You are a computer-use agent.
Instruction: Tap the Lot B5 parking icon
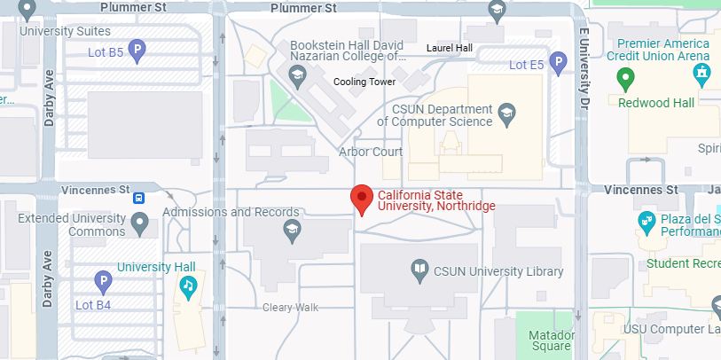pyautogui.click(x=137, y=51)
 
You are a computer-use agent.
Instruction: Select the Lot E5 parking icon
pyautogui.click(x=558, y=63)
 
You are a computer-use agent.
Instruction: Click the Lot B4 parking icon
pyautogui.click(x=103, y=282)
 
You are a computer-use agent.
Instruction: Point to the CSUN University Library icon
pyautogui.click(x=419, y=270)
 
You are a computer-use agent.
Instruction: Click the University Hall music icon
pyautogui.click(x=188, y=286)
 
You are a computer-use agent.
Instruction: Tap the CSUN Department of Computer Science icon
pyautogui.click(x=506, y=113)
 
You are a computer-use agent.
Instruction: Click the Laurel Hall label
pyautogui.click(x=450, y=48)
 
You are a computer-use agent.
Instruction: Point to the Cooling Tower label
pyautogui.click(x=364, y=82)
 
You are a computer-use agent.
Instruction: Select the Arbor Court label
pyautogui.click(x=371, y=152)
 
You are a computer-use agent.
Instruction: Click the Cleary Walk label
pyautogui.click(x=290, y=308)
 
